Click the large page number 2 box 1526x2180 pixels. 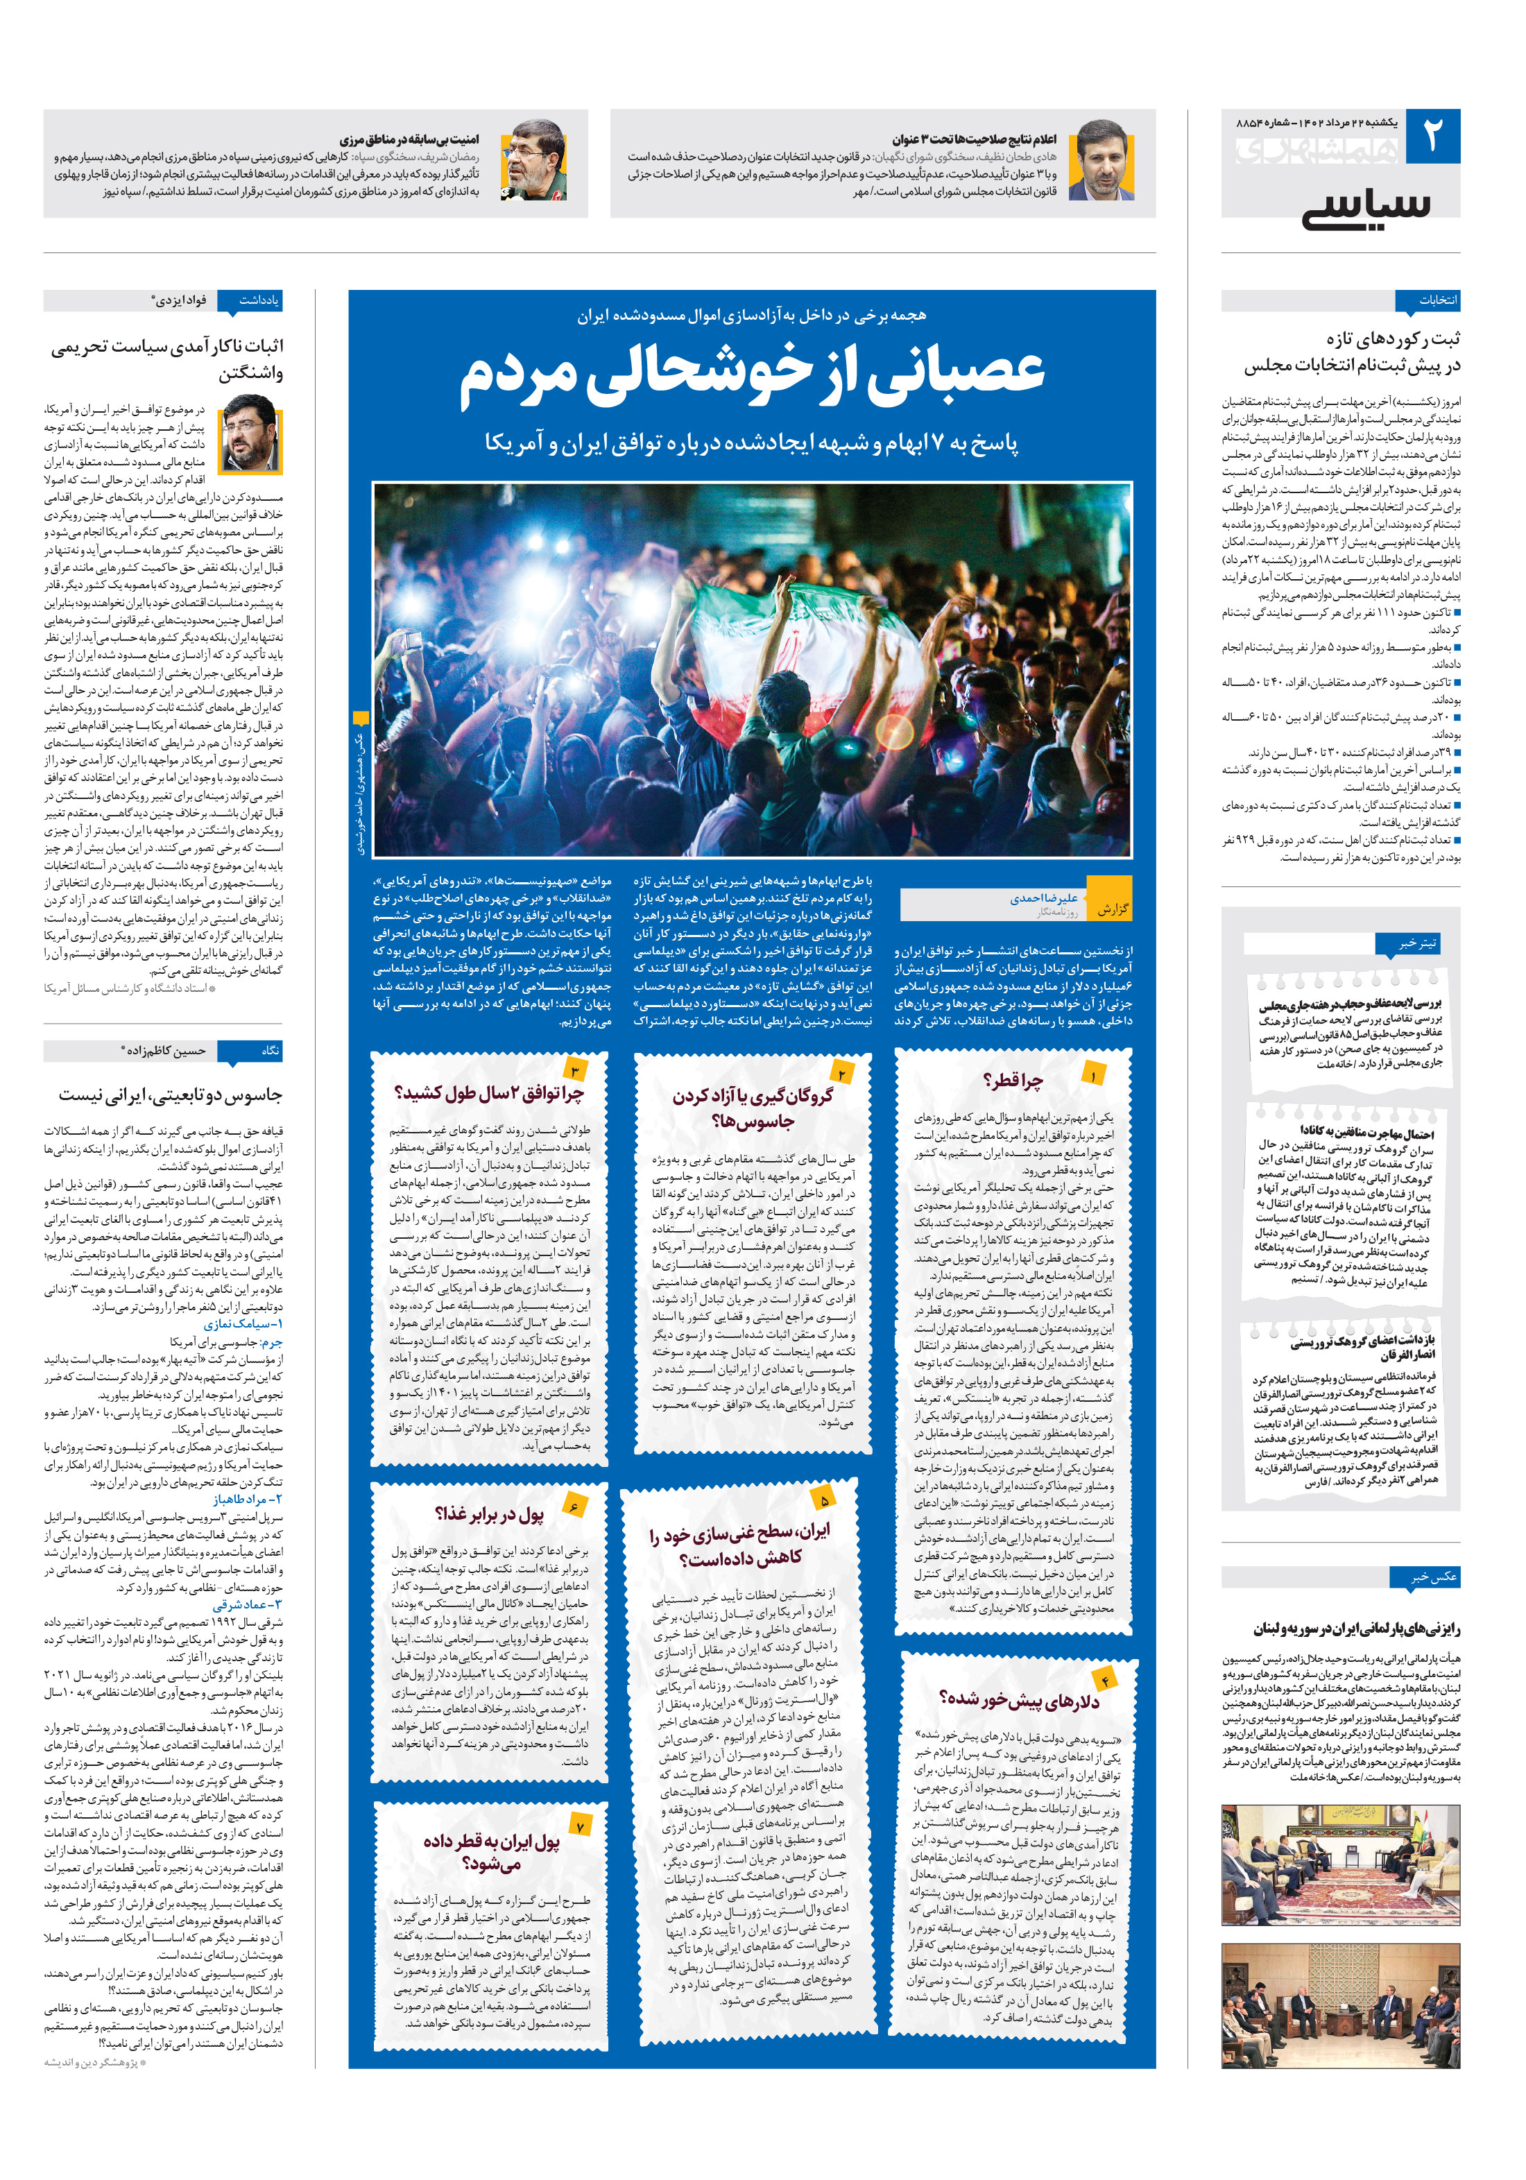[1431, 137]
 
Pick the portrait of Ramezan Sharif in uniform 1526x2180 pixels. [533, 160]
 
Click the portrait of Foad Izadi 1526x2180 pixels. [250, 435]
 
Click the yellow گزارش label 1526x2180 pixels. [1112, 909]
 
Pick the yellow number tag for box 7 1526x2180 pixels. [580, 1825]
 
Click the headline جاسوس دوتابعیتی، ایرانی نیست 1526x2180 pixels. [170, 1095]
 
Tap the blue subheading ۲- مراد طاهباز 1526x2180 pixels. [247, 1498]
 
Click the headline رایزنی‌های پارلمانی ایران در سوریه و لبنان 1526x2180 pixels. [1356, 1629]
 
